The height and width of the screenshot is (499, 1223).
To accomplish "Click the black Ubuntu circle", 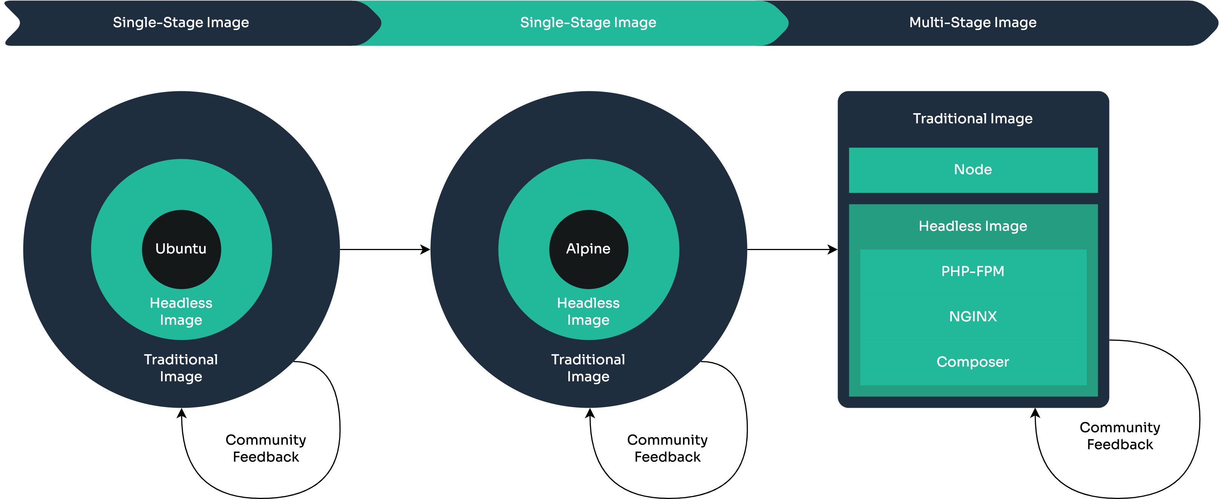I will pos(181,249).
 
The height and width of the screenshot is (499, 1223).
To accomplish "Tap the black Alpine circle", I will pos(588,249).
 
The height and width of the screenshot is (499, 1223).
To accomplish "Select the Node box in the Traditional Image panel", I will pos(973,169).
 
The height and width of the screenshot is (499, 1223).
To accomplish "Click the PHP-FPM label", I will pos(973,271).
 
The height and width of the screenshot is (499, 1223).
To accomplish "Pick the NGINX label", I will pos(973,316).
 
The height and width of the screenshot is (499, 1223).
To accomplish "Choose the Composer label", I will pos(973,362).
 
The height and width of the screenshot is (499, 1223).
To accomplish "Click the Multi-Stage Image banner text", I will pos(973,22).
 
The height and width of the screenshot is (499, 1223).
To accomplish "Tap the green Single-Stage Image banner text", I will pos(588,22).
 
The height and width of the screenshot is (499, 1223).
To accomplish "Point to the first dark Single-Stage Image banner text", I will pos(181,22).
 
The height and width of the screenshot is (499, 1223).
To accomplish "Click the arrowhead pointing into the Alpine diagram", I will pos(425,249).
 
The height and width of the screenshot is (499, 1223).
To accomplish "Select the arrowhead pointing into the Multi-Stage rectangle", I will pos(833,249).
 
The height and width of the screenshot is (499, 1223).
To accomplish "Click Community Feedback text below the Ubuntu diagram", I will pos(266,448).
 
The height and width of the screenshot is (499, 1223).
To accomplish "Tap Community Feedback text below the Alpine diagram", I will pos(667,448).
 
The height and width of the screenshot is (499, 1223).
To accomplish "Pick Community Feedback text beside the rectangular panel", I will pos(1120,436).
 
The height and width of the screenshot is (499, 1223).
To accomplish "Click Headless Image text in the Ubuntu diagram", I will pos(181,312).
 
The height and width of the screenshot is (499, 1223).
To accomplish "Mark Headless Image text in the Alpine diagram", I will pos(588,312).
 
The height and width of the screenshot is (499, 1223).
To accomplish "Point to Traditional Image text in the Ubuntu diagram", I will pos(181,368).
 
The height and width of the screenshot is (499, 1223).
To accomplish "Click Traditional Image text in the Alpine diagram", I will pos(588,368).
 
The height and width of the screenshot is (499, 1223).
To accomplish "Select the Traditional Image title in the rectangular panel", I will pos(973,118).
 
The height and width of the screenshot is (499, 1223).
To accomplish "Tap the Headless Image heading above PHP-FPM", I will pos(973,226).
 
